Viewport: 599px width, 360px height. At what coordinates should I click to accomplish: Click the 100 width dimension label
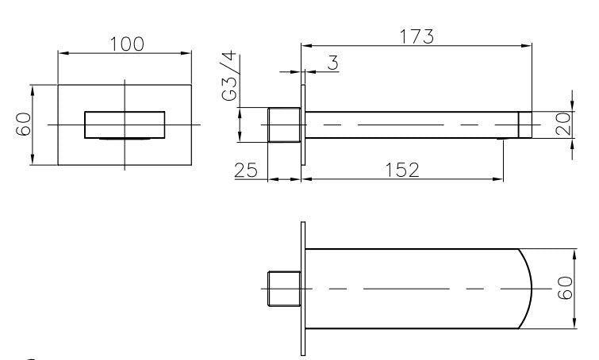pyautogui.click(x=127, y=44)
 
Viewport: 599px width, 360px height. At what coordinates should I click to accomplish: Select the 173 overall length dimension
pyautogui.click(x=417, y=36)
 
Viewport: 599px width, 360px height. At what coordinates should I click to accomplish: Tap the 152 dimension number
pyautogui.click(x=402, y=170)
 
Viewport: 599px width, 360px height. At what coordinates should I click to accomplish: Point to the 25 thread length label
pyautogui.click(x=246, y=170)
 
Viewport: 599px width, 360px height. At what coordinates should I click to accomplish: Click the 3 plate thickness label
pyautogui.click(x=333, y=63)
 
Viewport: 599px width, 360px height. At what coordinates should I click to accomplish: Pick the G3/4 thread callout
pyautogui.click(x=229, y=76)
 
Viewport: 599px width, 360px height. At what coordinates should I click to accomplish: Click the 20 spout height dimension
pyautogui.click(x=563, y=124)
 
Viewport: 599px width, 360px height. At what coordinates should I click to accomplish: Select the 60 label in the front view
pyautogui.click(x=23, y=124)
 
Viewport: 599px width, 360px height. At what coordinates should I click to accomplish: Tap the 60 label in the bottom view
pyautogui.click(x=566, y=288)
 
